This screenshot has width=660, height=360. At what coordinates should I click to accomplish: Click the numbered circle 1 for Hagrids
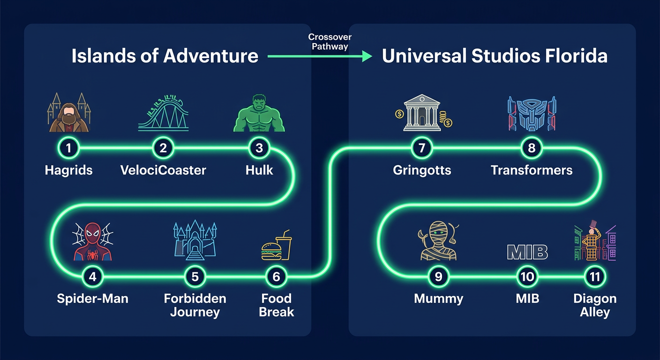pyautogui.click(x=69, y=149)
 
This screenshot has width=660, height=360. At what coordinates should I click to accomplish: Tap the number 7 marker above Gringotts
pyautogui.click(x=422, y=149)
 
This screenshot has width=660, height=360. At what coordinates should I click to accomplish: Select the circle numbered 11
pyautogui.click(x=595, y=277)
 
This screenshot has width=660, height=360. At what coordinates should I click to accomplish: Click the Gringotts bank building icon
pyautogui.click(x=422, y=113)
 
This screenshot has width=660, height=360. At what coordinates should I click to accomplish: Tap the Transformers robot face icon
pyautogui.click(x=532, y=114)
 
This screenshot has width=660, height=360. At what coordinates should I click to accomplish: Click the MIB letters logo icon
pyautogui.click(x=527, y=252)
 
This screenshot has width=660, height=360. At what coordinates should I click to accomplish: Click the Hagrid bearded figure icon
pyautogui.click(x=69, y=113)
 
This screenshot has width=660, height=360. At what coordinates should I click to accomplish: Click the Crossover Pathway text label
pyautogui.click(x=330, y=42)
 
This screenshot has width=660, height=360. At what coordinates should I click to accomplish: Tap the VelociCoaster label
pyautogui.click(x=163, y=170)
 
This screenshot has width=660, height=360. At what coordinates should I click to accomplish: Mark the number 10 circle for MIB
pyautogui.click(x=527, y=277)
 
